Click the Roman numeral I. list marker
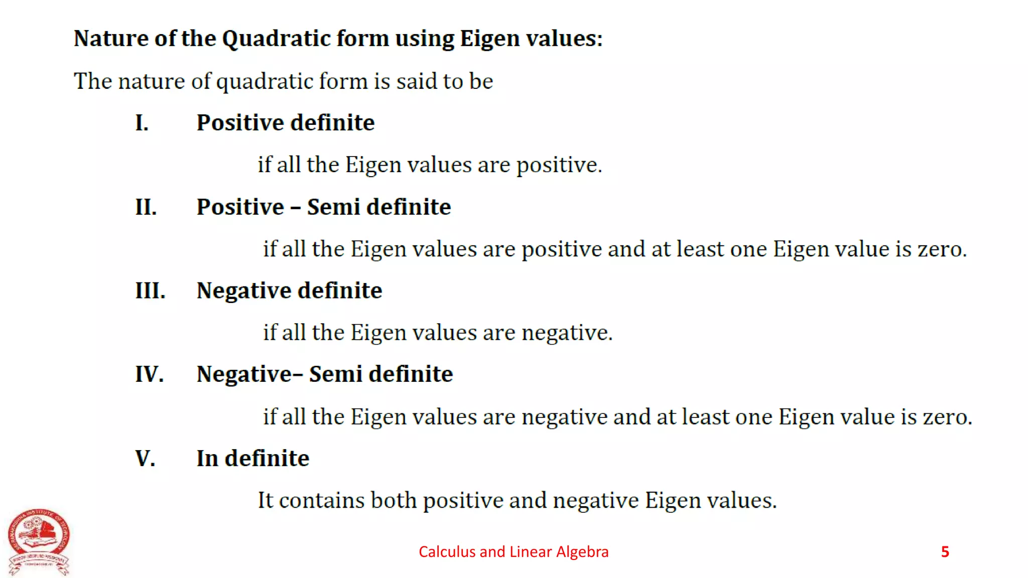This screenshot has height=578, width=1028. coord(142,123)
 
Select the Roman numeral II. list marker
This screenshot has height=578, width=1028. coord(146,207)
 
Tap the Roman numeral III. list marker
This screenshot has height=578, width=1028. coord(150,291)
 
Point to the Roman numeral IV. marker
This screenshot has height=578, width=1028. coord(149,374)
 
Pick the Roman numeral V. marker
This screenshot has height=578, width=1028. coord(145,458)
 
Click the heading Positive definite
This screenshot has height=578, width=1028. coord(285,123)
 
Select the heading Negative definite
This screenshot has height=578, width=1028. coord(289,291)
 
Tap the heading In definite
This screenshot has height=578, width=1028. coord(252,458)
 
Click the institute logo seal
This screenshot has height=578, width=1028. coord(39,541)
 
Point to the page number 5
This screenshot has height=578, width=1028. coord(945,552)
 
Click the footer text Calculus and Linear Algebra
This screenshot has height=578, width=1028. coord(513,552)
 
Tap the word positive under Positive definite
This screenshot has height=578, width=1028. coord(558,166)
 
